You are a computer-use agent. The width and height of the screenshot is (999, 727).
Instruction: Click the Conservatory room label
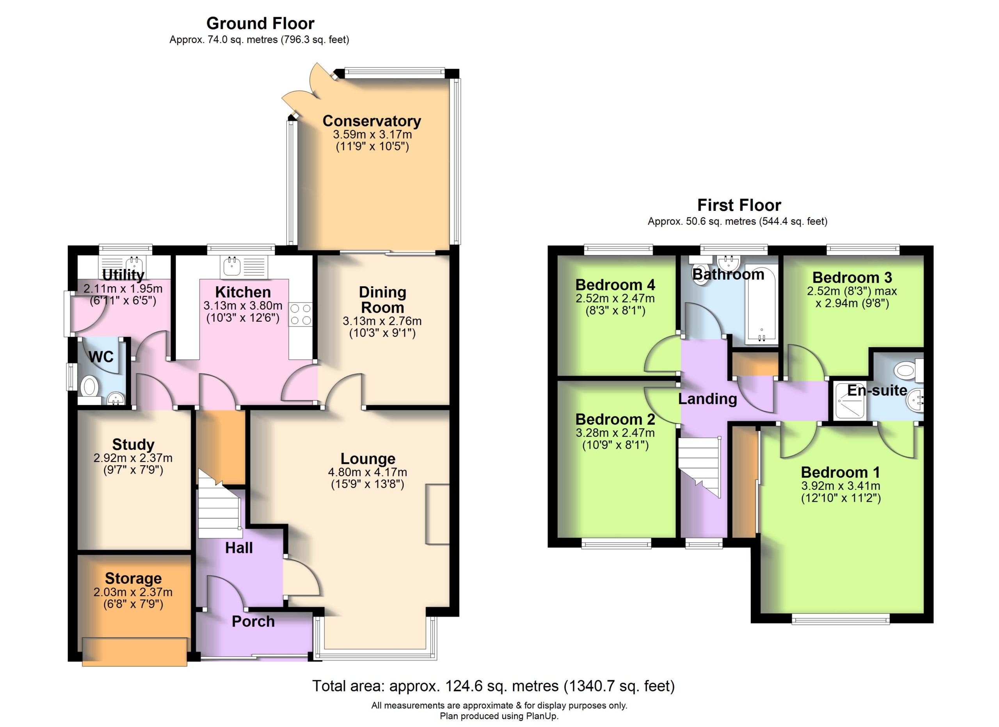372,121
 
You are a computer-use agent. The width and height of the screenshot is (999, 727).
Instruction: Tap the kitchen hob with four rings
300,315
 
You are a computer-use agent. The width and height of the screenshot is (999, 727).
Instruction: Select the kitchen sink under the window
231,267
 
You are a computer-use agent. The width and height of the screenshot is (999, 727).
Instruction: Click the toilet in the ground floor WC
89,388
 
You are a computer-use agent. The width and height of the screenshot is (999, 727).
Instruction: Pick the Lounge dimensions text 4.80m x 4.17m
367,472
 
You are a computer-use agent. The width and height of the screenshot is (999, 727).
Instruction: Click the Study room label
133,444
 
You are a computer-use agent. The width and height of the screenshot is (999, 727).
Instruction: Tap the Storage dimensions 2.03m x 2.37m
133,592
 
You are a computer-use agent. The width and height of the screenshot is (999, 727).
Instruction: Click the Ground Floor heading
260,23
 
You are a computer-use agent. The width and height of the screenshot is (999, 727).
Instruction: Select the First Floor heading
739,205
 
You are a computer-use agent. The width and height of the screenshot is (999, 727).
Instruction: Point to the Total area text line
493,686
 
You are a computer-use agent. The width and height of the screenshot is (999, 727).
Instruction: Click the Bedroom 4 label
615,285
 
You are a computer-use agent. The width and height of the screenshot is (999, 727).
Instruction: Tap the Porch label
253,621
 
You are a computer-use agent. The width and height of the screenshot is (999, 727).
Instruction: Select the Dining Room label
382,299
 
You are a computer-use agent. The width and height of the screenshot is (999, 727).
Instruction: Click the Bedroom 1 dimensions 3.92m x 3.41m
841,486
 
